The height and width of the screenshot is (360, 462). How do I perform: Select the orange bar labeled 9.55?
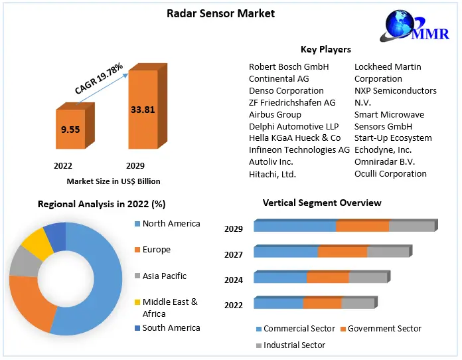[70, 130]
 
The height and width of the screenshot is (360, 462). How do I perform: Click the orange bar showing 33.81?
[143, 110]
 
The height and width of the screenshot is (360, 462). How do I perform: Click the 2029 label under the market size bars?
[135, 165]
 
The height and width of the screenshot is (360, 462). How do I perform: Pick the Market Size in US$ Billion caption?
[114, 181]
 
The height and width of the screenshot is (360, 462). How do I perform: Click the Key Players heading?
[326, 50]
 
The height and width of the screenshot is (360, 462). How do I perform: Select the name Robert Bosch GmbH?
[289, 67]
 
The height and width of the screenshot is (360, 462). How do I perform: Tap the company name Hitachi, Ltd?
[272, 175]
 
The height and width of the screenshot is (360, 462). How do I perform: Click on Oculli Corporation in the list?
[390, 174]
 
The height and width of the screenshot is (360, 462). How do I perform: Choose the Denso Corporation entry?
[286, 91]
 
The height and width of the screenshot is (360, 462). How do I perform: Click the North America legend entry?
[171, 224]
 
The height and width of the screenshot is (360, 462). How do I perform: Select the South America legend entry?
[171, 327]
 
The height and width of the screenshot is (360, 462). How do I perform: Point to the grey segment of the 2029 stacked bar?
[411, 226]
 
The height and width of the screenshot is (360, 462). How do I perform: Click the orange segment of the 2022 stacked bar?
[322, 304]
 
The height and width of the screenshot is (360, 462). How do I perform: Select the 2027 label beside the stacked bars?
[234, 254]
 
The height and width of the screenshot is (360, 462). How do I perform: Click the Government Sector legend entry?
[384, 329]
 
